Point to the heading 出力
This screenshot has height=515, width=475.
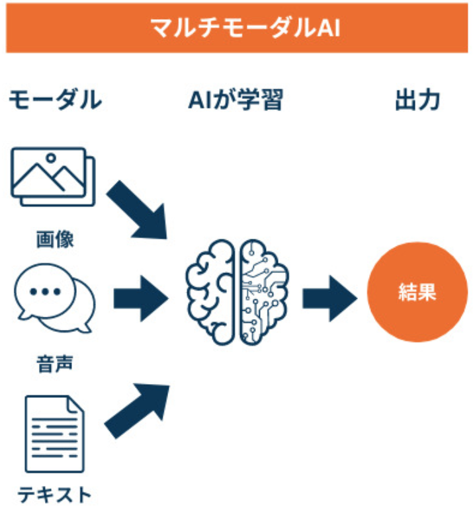click(x=417, y=100)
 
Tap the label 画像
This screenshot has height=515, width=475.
click(x=55, y=238)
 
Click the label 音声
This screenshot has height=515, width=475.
click(x=55, y=362)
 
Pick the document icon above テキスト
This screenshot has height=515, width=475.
click(x=54, y=433)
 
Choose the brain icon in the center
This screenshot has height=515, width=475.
click(x=237, y=292)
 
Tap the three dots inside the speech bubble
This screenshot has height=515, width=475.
click(x=45, y=292)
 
